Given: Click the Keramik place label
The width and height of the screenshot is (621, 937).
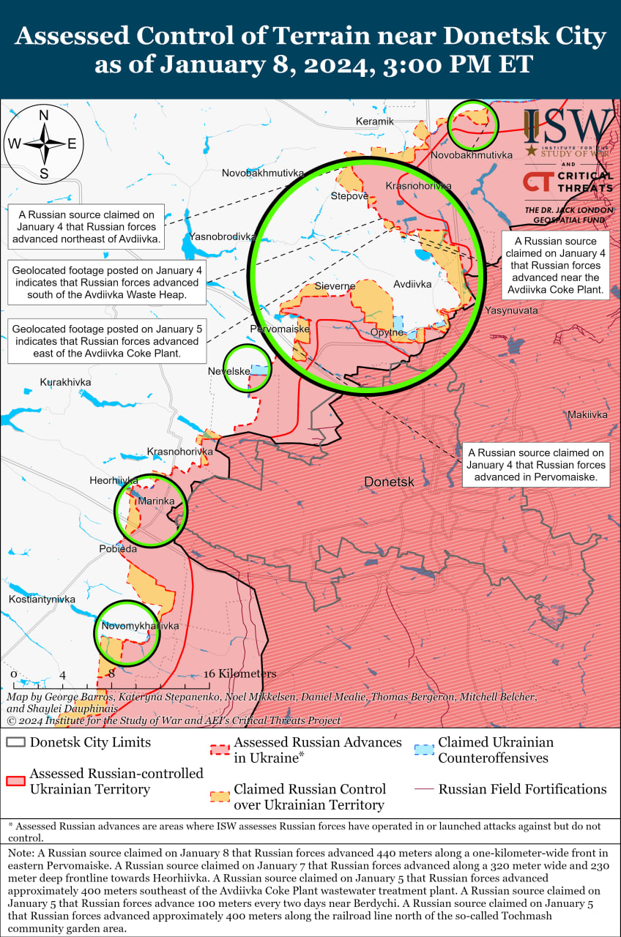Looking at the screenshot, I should (374, 121).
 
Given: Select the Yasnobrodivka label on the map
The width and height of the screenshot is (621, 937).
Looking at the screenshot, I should (222, 236).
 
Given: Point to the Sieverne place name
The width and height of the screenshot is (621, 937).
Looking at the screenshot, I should (335, 286).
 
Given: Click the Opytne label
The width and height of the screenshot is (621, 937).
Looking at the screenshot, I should (387, 332).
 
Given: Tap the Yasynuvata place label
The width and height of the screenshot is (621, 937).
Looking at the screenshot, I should (510, 311).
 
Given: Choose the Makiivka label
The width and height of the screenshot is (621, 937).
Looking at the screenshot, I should (587, 415).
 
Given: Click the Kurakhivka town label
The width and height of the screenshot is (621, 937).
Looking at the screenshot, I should (66, 382).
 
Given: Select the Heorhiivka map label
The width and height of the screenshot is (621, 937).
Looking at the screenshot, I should (114, 480).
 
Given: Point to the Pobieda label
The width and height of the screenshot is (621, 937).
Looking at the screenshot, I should (118, 548).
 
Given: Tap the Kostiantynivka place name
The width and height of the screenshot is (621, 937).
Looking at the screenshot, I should (42, 600).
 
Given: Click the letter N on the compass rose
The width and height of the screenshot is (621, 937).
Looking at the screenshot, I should (44, 115).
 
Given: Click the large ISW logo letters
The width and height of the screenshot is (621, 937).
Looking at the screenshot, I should (569, 127).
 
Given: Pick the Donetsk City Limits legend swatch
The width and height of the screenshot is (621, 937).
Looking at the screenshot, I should (15, 742).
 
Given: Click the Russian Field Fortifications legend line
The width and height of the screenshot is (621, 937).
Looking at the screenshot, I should (423, 789).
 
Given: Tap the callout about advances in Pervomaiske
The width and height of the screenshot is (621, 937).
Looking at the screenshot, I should (537, 465).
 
